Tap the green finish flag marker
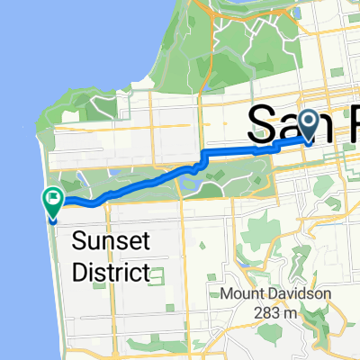(x=52, y=202)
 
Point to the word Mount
(x=246, y=294)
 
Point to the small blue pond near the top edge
(x=298, y=13)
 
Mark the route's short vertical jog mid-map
(x=204, y=161)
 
